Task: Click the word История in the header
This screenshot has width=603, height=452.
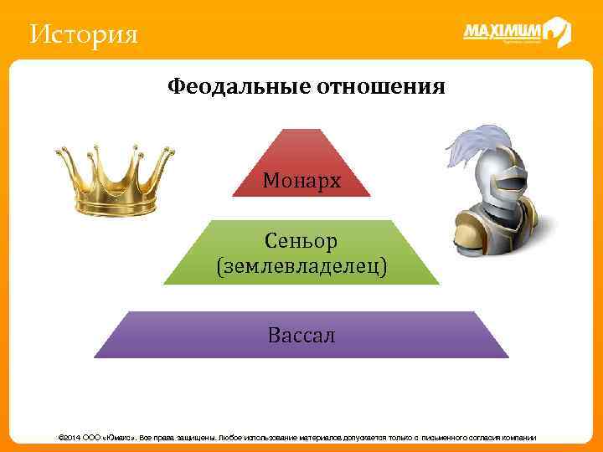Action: coord(83,35)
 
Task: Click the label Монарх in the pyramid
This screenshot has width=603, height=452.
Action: coord(301,181)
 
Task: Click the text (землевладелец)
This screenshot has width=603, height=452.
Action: coord(301,267)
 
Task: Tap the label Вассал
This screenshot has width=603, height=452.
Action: coord(301,336)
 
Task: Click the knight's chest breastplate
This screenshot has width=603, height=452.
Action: coord(507,226)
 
